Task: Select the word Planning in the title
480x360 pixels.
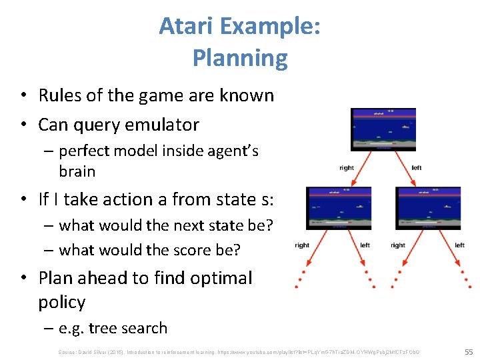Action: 240,59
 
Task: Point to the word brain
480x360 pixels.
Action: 77,171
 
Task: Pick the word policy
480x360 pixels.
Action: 62,302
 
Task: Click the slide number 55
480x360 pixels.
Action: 467,351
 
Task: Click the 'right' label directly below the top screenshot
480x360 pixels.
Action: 347,168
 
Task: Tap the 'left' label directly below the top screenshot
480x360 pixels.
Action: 417,168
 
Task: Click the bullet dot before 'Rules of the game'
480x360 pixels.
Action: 23,96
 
